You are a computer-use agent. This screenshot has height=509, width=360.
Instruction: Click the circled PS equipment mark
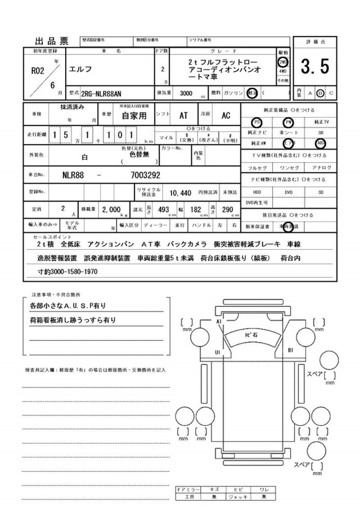257,121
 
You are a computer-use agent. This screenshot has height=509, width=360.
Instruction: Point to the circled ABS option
321,143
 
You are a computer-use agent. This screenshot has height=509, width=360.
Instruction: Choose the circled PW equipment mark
289,121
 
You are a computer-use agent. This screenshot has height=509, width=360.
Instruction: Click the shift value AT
183,115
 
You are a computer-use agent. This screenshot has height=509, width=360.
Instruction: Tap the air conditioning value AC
226,115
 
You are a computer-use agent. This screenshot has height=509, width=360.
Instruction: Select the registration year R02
37,71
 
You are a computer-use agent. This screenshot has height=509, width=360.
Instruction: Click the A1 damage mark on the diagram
220,321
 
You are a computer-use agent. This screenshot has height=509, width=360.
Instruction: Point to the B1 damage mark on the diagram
291,350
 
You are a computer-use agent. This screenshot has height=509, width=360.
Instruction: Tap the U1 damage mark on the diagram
217,352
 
